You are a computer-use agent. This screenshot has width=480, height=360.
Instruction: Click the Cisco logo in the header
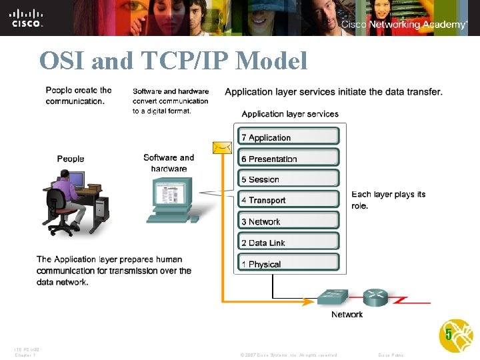click(x=27, y=17)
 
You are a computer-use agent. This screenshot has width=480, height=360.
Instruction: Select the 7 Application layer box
click(x=289, y=137)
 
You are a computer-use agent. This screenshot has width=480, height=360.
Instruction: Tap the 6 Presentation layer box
click(x=289, y=159)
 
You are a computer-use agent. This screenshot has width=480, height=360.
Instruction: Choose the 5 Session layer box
click(x=289, y=179)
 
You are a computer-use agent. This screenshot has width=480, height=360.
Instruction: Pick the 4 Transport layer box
click(x=289, y=200)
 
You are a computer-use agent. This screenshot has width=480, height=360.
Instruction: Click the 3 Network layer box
click(x=289, y=221)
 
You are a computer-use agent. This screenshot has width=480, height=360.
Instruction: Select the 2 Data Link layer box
click(x=289, y=243)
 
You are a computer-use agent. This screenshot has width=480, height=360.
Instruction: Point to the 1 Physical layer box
click(x=289, y=264)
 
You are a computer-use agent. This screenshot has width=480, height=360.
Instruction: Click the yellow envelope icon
click(x=222, y=147)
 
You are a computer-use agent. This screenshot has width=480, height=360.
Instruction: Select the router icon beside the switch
click(x=375, y=297)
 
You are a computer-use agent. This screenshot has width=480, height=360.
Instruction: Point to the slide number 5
click(x=449, y=334)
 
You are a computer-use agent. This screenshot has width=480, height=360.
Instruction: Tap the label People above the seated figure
click(x=71, y=159)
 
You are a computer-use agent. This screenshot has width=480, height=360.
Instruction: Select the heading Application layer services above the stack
click(x=290, y=114)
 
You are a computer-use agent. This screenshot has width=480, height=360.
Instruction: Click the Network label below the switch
click(x=347, y=314)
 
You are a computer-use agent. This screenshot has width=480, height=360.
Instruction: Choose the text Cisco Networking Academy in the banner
click(x=404, y=25)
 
